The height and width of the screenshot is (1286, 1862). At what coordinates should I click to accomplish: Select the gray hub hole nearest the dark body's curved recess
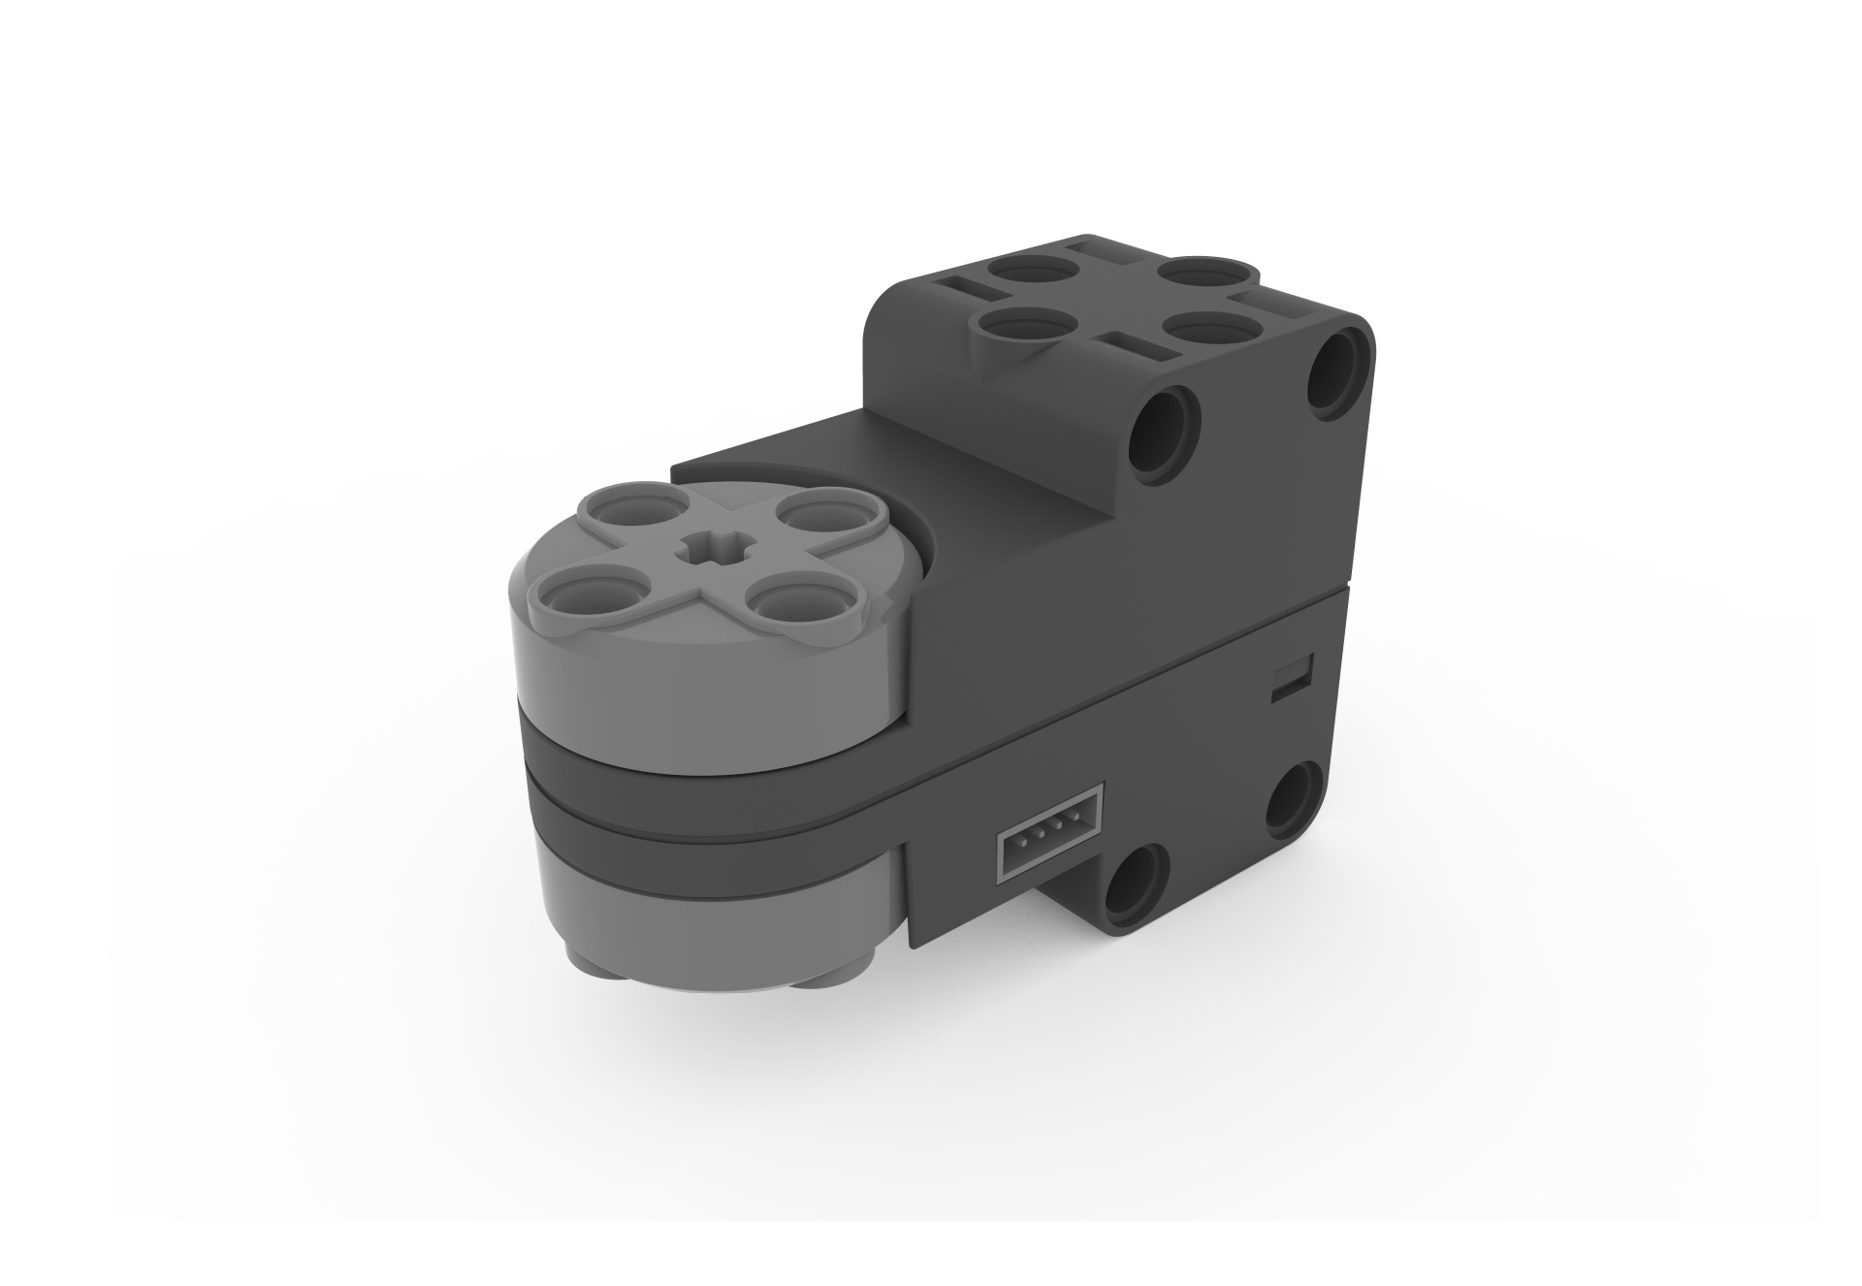(x=813, y=513)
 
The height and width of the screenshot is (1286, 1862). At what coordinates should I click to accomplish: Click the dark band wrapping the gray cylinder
(x=698, y=790)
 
